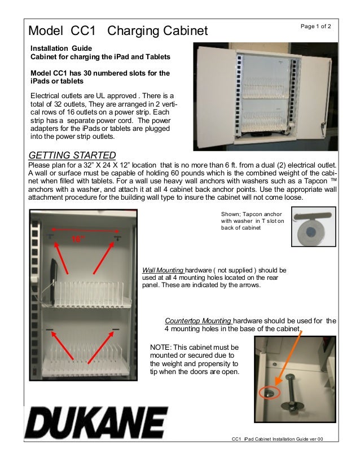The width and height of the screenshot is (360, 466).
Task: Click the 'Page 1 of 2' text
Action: pos(316,27)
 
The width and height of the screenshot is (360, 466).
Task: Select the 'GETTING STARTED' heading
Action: pos(72,155)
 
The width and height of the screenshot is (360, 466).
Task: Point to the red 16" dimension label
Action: pos(78,239)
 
